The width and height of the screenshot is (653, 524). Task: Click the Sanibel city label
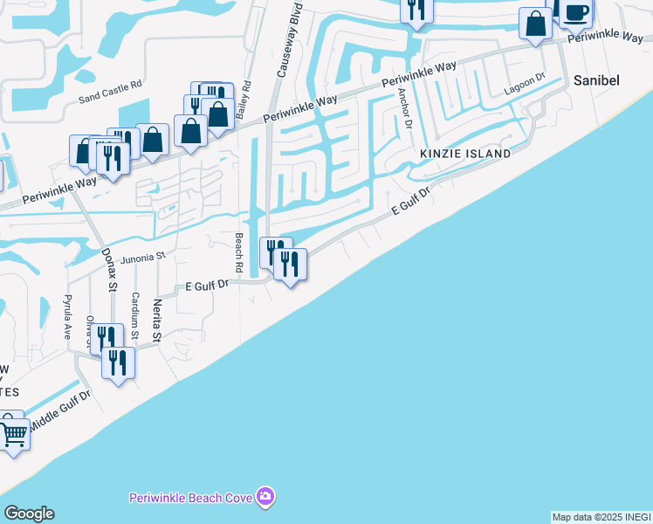597,79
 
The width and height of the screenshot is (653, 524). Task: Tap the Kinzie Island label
465,154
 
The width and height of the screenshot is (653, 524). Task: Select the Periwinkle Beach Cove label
191,498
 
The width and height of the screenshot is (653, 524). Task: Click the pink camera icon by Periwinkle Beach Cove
265,497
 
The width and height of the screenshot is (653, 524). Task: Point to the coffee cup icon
575,12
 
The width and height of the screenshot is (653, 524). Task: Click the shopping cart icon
14,433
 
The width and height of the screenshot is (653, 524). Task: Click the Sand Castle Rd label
110,86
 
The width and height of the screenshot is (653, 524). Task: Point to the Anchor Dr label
405,108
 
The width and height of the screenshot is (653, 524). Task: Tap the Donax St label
110,267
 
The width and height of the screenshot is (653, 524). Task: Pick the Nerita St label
157,320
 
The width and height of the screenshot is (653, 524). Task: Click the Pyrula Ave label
67,317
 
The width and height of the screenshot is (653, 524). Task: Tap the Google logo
29,513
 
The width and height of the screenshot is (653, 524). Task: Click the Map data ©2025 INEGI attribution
601,517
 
